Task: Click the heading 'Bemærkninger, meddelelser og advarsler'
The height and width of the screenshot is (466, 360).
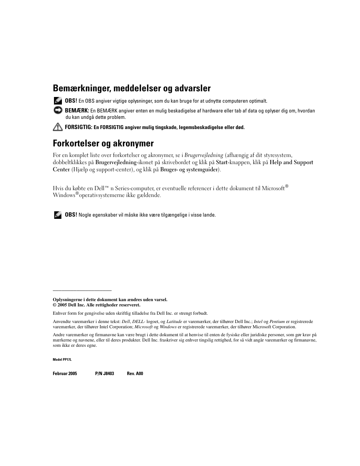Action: click(132, 88)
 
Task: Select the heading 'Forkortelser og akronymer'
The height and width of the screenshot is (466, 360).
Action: click(103, 143)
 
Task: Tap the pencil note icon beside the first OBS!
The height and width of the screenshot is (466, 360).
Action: click(58, 101)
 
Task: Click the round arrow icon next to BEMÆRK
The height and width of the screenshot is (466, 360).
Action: click(58, 111)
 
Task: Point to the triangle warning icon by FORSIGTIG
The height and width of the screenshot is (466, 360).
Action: click(58, 127)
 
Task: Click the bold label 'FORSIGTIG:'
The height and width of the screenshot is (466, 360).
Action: click(78, 127)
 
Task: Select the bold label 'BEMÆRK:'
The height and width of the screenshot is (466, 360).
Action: click(77, 111)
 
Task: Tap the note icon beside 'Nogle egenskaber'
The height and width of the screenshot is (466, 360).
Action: click(58, 215)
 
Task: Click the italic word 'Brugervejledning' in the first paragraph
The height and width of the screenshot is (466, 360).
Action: click(204, 155)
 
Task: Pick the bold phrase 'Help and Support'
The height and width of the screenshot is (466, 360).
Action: click(291, 162)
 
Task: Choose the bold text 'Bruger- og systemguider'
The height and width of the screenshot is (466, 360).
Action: click(189, 169)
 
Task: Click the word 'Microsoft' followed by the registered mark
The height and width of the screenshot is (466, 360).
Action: click(273, 188)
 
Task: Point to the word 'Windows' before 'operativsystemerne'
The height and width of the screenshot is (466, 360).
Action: click(64, 195)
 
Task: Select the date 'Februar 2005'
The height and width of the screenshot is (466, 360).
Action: click(65, 374)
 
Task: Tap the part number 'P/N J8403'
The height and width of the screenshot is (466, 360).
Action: click(105, 374)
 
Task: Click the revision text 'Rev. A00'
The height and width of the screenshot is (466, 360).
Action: click(135, 374)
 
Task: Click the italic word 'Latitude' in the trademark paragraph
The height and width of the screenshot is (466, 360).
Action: click(174, 322)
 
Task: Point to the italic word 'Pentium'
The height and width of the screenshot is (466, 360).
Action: click(277, 322)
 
